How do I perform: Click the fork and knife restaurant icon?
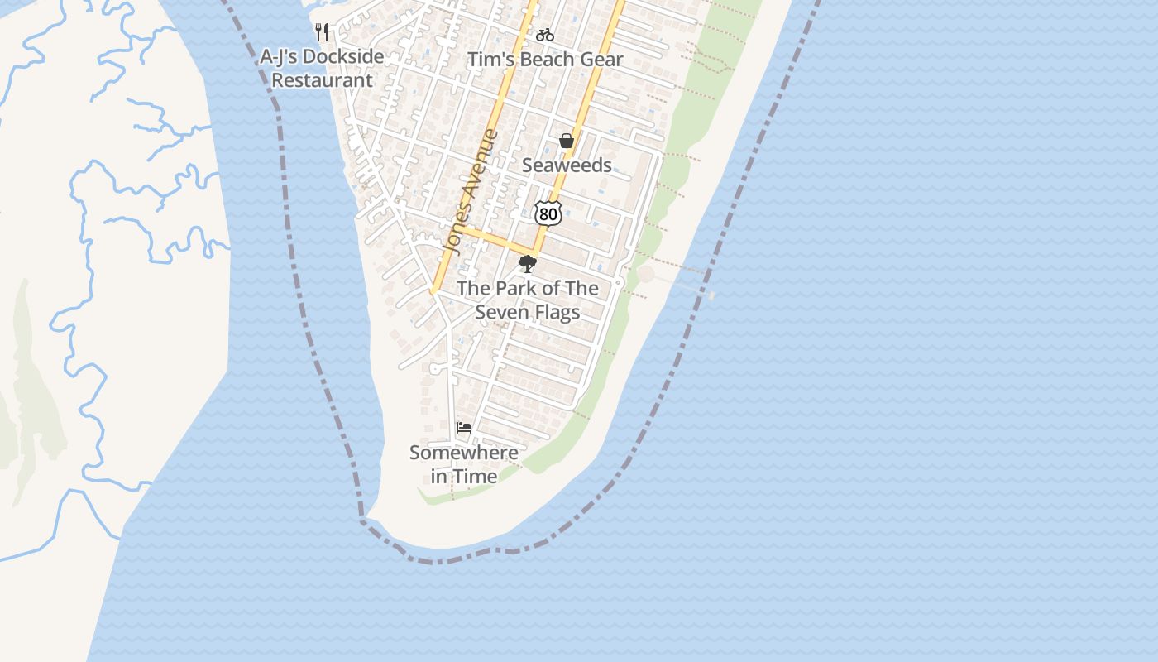323,32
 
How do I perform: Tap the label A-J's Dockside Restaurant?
322,69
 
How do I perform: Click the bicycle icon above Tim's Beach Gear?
544,35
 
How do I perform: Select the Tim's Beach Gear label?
545,60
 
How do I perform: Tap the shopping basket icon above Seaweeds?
567,141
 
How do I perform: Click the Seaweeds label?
567,165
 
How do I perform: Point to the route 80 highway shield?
548,213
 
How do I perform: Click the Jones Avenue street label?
471,191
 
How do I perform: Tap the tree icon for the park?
527,264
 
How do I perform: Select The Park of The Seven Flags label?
528,300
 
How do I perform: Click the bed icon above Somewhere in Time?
464,428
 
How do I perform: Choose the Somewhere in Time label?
464,464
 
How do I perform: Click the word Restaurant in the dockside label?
323,80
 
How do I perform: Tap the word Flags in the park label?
556,313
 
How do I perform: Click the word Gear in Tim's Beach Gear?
602,60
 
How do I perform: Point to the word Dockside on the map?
343,56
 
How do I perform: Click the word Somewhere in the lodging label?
464,453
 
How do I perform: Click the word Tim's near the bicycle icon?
486,60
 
